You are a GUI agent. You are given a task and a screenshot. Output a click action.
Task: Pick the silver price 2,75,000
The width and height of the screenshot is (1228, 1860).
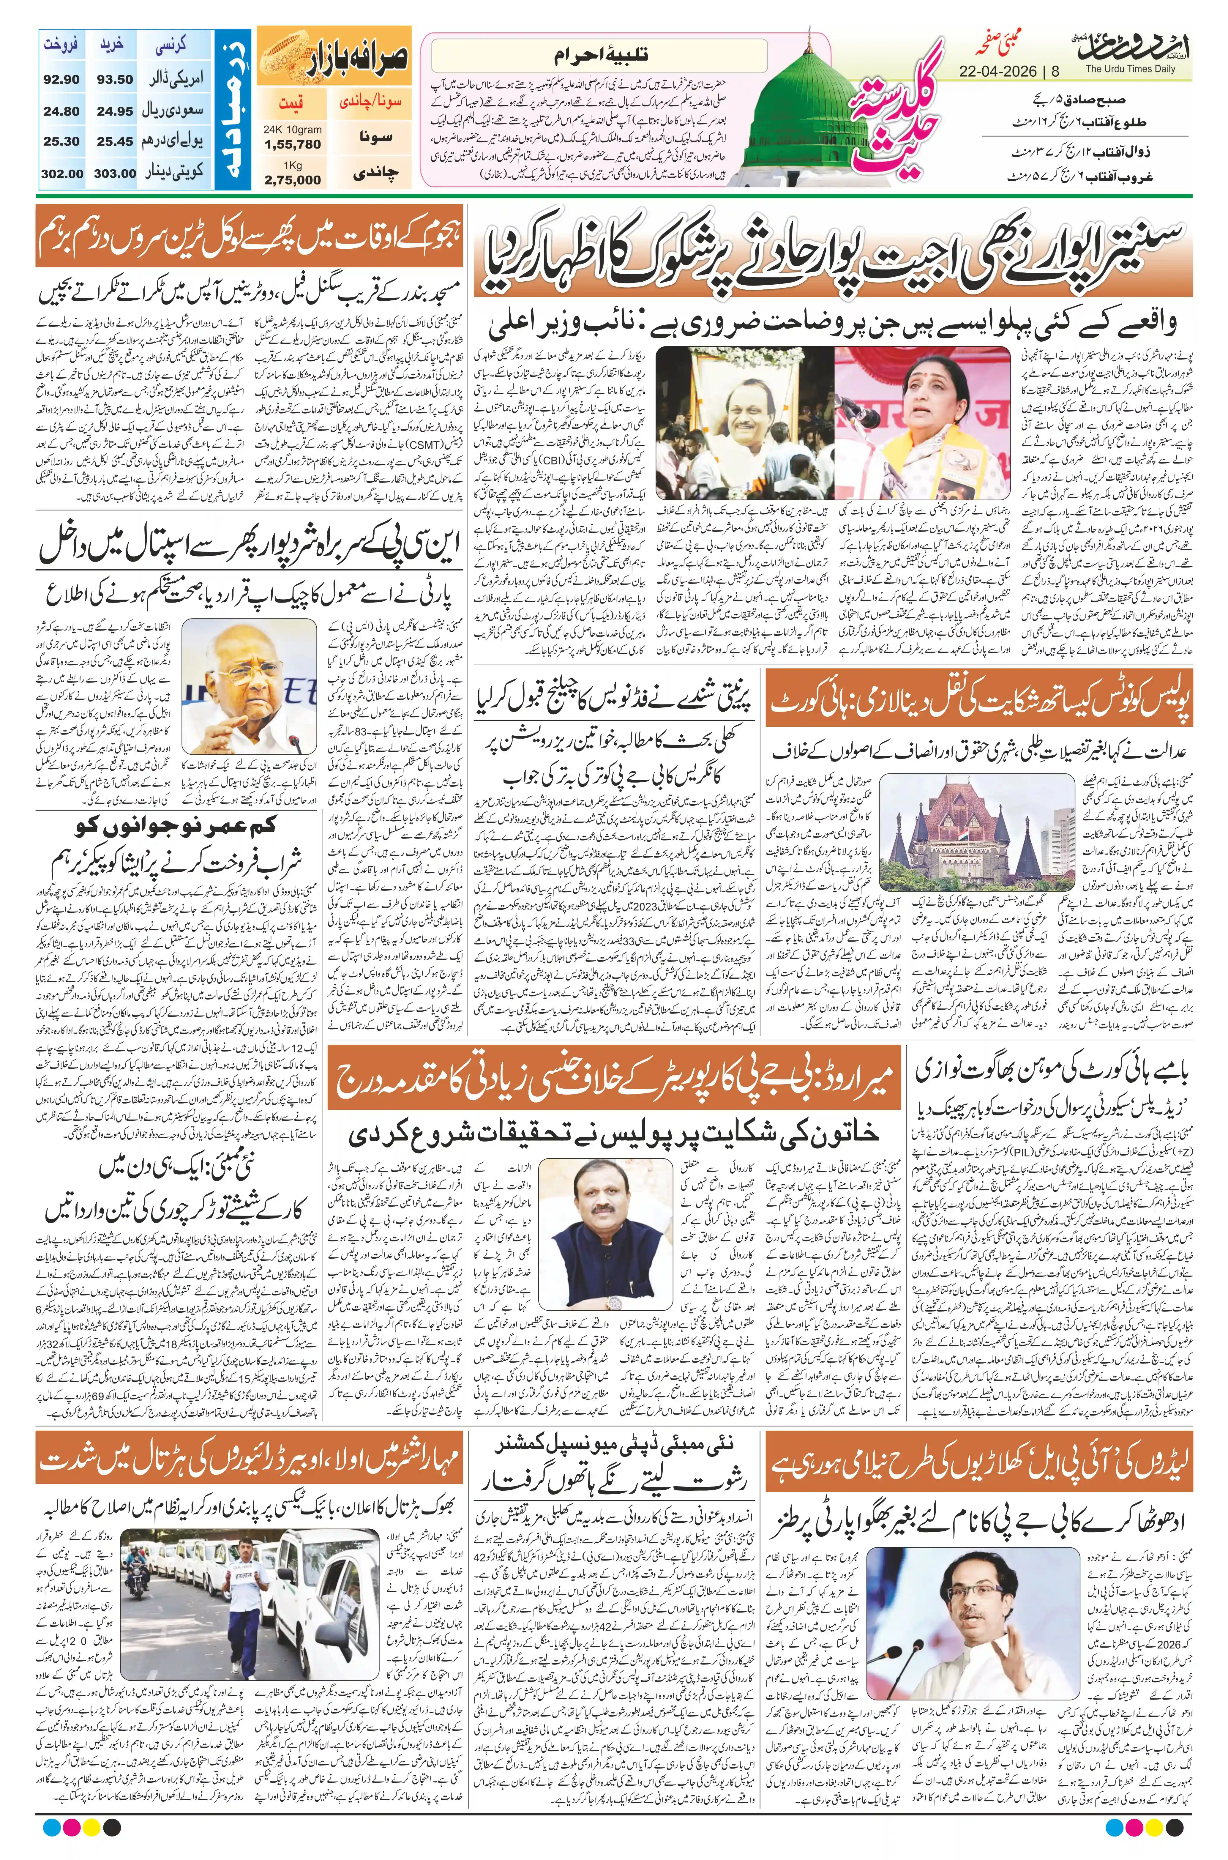coord(293,179)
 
